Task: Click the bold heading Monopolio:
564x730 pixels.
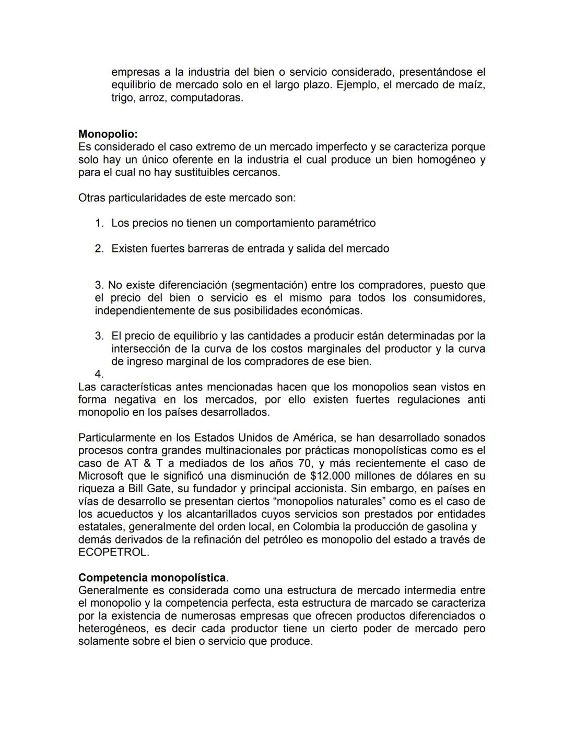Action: click(108, 134)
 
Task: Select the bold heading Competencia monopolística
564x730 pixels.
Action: click(152, 578)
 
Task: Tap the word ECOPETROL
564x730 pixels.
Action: click(113, 552)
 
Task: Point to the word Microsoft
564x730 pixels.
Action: click(101, 476)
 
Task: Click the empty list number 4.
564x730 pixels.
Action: click(99, 374)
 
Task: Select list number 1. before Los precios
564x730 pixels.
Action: click(99, 223)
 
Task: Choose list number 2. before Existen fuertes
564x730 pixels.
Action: click(99, 249)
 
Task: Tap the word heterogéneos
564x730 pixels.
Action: click(112, 629)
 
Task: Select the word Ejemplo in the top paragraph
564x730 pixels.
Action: click(357, 85)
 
